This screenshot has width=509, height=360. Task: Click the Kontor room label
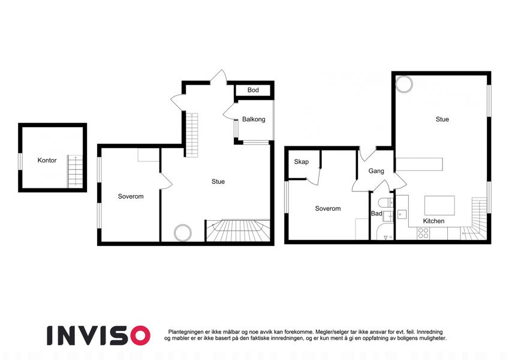click(x=47, y=160)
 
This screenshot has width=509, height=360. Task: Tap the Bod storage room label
click(x=253, y=90)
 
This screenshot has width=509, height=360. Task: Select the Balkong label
click(x=254, y=119)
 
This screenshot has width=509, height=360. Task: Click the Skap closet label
click(x=301, y=162)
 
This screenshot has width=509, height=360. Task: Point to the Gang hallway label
click(x=377, y=171)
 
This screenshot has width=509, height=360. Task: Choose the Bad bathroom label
click(x=377, y=214)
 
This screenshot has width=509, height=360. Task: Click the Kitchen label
click(x=433, y=221)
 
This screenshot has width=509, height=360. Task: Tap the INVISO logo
click(x=99, y=335)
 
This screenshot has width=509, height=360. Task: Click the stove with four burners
click(x=423, y=233)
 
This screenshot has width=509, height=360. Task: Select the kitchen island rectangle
click(x=439, y=205)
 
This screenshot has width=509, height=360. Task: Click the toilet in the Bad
click(x=386, y=202)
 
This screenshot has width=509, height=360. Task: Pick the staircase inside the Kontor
click(x=75, y=171)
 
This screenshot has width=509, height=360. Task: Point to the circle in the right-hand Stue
click(x=404, y=84)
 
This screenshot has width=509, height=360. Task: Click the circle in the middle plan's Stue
click(x=182, y=233)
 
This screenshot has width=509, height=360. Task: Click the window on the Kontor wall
click(x=20, y=161)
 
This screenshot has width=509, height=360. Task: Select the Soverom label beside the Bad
click(x=328, y=209)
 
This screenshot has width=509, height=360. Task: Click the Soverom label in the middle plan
click(x=131, y=196)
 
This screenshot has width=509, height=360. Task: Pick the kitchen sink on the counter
click(x=402, y=214)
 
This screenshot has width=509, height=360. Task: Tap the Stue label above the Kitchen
click(x=442, y=119)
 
